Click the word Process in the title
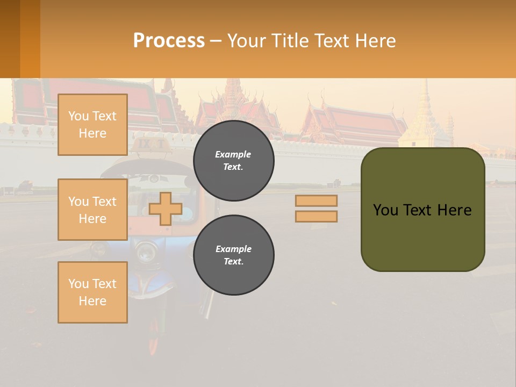[169, 41]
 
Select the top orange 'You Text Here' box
[92, 125]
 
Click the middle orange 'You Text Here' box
[92, 210]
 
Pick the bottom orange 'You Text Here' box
[92, 292]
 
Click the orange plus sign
[166, 209]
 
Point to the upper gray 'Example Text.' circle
[233, 161]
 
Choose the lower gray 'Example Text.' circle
[233, 255]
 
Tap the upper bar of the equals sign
[316, 201]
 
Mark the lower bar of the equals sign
[316, 216]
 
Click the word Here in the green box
[454, 210]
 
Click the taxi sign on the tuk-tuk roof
[152, 144]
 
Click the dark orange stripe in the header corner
[10, 39]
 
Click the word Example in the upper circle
[233, 154]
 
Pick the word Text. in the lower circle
[233, 262]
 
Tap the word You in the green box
[385, 210]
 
